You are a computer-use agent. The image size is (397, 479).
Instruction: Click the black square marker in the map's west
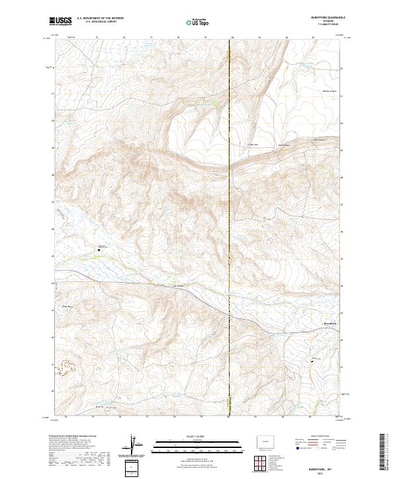point(99,250)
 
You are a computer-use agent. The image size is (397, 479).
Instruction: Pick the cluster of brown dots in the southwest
point(66,367)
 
